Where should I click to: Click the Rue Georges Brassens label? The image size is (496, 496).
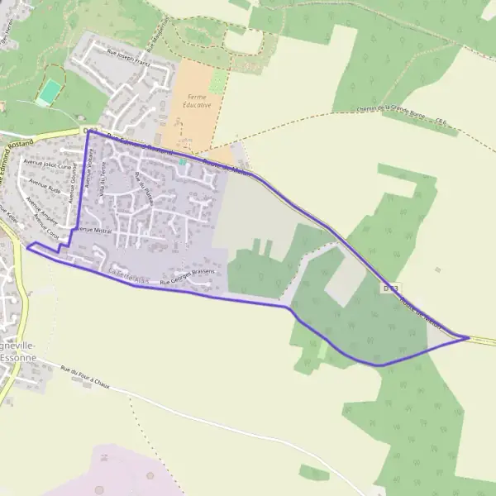(188, 277)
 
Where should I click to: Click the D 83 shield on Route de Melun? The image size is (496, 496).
(391, 289)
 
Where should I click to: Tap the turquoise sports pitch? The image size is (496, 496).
(50, 91)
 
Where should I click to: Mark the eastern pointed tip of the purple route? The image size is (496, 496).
(468, 337)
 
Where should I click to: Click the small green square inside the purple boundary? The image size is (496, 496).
(182, 163)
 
